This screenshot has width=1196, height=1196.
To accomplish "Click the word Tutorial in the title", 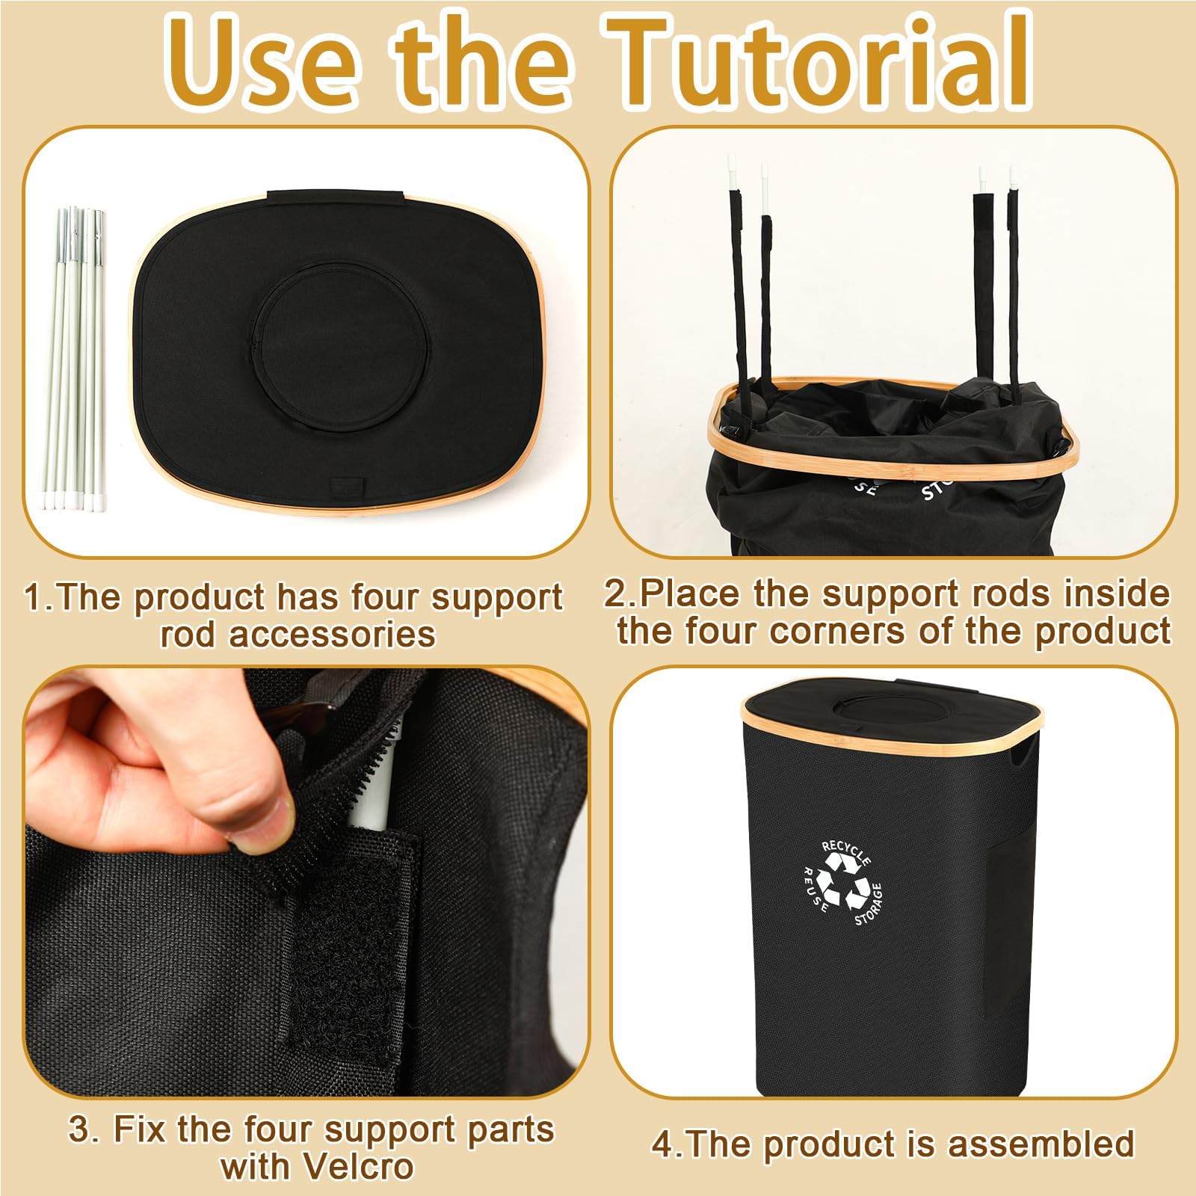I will (819, 64).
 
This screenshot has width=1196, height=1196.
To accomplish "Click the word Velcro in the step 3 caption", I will (318, 1166).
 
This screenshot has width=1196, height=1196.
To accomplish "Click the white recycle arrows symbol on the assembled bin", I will (842, 880).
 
